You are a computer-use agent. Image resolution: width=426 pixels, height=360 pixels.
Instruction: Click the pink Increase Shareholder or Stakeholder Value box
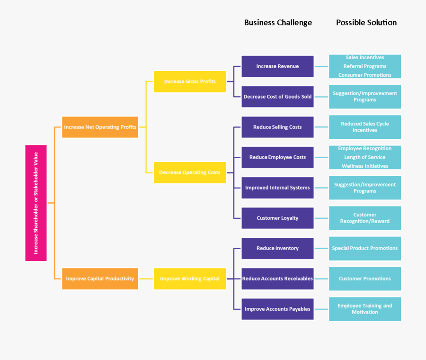(x=36, y=203)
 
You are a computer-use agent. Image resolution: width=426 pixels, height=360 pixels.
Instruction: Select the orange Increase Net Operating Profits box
(x=100, y=127)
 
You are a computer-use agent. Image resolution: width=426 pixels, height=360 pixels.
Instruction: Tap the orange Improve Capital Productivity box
(x=100, y=279)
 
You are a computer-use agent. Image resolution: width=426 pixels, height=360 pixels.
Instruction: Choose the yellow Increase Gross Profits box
(x=190, y=81)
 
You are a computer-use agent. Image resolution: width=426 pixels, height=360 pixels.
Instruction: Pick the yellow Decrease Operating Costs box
(x=190, y=172)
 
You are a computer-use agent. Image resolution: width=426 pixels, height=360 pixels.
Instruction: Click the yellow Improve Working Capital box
(x=190, y=279)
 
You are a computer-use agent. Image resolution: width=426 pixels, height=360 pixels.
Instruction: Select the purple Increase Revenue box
(x=277, y=66)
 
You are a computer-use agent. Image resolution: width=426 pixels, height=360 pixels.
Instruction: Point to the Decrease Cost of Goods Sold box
(x=277, y=97)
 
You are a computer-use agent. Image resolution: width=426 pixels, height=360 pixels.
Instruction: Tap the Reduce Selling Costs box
(x=277, y=127)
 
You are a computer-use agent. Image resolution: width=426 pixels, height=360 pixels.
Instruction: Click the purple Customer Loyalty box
(x=277, y=218)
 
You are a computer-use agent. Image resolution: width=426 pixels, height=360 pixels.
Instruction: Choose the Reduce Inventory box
(x=277, y=248)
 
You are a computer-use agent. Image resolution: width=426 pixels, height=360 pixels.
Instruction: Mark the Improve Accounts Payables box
(x=277, y=309)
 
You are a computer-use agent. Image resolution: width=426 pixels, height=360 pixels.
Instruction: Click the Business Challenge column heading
(x=278, y=23)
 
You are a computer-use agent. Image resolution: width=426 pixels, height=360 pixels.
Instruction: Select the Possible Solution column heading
(x=366, y=23)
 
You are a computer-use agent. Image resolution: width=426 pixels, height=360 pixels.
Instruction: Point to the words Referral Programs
(x=364, y=66)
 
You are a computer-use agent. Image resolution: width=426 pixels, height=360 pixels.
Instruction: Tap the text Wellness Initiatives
(x=364, y=166)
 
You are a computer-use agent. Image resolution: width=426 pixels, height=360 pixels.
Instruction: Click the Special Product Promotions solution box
(x=364, y=248)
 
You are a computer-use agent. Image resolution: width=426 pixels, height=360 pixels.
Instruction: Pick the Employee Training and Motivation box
(x=364, y=309)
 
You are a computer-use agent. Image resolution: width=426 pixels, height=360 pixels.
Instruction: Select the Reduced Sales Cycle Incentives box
(x=364, y=127)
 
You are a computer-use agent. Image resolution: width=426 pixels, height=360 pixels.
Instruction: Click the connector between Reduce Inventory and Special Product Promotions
(x=321, y=248)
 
